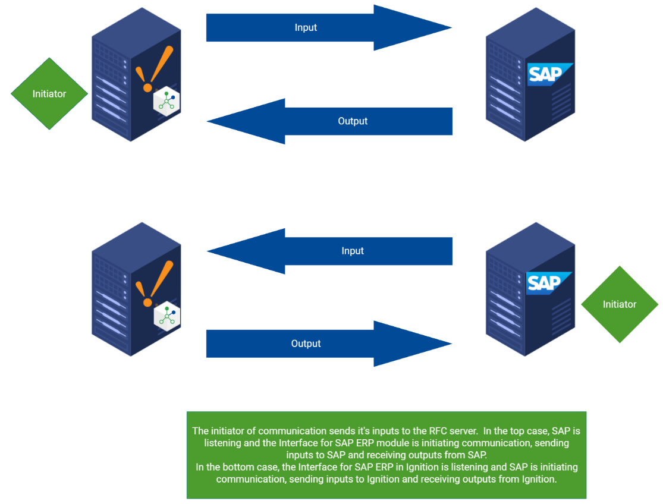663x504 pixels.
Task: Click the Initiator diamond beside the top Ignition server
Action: (49, 94)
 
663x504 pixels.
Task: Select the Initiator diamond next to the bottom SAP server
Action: (619, 304)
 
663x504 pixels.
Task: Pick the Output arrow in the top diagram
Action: (330, 121)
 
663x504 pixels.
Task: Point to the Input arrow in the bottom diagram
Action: (330, 251)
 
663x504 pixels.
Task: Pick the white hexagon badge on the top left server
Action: (166, 102)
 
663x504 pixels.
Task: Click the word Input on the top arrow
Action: (306, 27)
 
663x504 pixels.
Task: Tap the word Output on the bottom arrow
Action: (306, 344)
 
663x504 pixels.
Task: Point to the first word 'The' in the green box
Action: (200, 431)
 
